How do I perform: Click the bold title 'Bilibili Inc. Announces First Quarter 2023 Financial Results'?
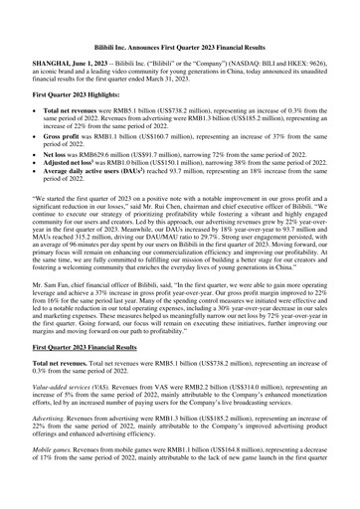tap(179, 19)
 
